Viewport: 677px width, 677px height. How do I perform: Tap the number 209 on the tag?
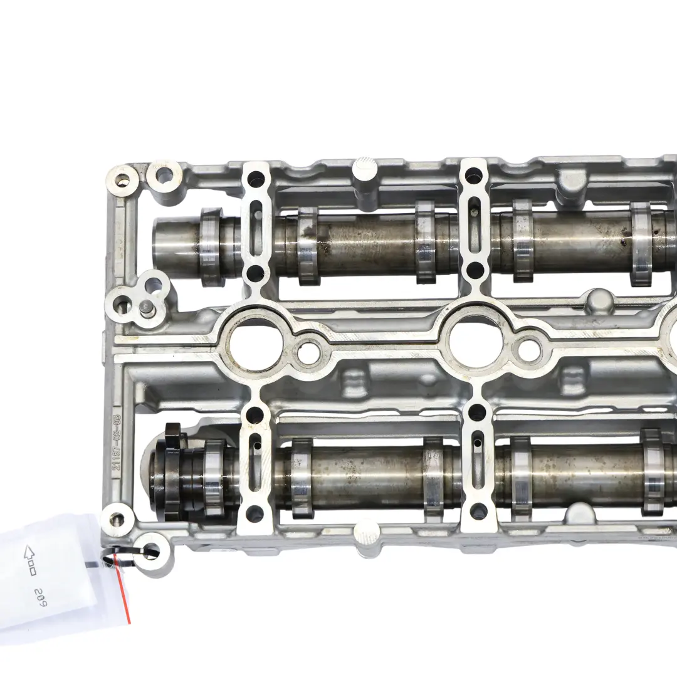pos(42,592)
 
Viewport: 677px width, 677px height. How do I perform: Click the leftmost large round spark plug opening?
pos(255,344)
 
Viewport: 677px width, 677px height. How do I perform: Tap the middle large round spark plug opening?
pos(475,344)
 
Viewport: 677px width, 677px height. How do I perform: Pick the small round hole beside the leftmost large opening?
pos(308,353)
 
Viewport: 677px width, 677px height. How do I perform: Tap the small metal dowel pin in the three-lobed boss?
pos(145,307)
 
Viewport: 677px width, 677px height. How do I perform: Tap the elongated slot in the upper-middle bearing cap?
pos(476,225)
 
